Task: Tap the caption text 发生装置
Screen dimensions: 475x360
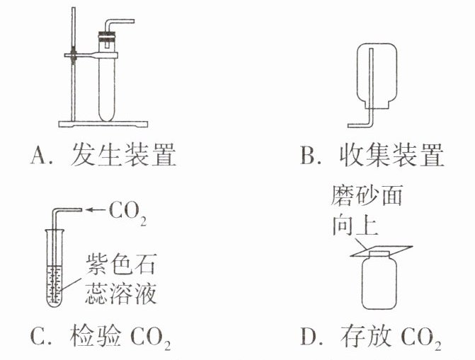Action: tap(124, 156)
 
